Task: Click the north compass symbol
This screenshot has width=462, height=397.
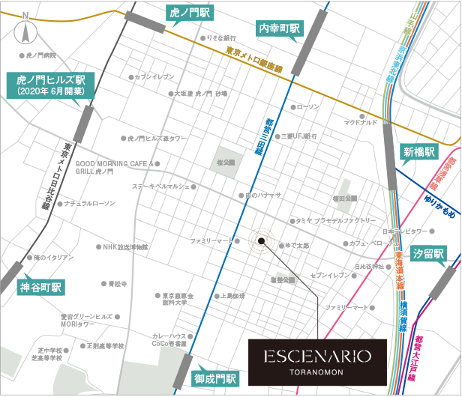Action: (x=27, y=31)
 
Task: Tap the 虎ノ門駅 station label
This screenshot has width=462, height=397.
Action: (x=190, y=13)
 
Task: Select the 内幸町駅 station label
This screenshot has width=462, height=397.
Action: (x=278, y=28)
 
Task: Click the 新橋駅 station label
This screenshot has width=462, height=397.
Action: (x=418, y=151)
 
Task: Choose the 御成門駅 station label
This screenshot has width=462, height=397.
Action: (x=214, y=378)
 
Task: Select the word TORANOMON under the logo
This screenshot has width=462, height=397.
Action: (x=316, y=369)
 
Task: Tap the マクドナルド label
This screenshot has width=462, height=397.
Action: (x=358, y=121)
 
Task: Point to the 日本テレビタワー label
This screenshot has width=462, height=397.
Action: (x=406, y=231)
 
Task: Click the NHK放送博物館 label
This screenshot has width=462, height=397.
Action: (x=125, y=246)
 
